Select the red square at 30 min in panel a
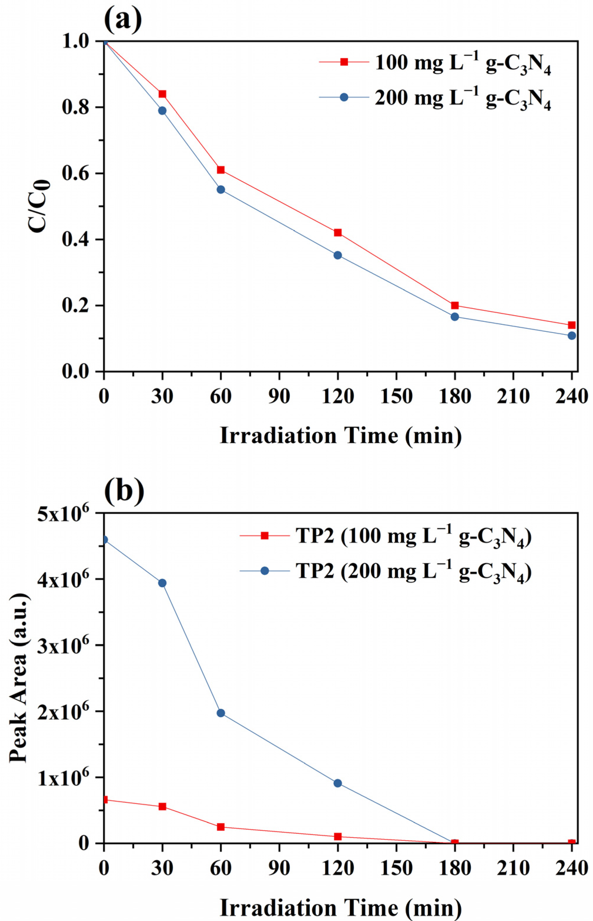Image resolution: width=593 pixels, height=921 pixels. pos(162,94)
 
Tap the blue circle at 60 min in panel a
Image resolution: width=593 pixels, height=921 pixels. pos(221,189)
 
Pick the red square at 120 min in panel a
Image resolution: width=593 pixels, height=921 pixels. pos(338,233)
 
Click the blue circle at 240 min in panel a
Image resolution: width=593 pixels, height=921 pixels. pos(572,336)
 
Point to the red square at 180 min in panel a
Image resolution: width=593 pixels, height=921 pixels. pos(455,305)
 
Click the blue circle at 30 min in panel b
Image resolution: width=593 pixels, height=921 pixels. pos(162,583)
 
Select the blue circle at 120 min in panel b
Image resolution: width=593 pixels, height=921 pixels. pos(338,783)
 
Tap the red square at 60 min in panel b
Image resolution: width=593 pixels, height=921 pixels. pos(221,827)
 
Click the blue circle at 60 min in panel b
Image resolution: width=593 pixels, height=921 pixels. pos(221,713)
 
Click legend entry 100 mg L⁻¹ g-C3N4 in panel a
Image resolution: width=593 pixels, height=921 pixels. pos(462,63)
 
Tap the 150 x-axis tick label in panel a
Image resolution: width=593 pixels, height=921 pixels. pos(396,396)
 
